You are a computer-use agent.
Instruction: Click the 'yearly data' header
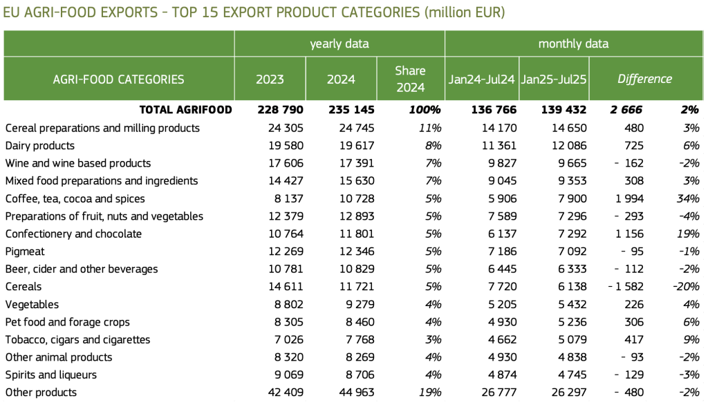339,44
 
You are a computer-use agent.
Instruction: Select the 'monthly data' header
573,44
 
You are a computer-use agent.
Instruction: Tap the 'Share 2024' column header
410,79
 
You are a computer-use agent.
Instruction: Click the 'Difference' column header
644,79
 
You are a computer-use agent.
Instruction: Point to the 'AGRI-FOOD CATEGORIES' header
118,79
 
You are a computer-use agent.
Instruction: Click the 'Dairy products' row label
39,146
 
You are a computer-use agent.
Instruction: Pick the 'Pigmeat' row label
24,252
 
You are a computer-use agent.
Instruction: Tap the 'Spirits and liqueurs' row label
50,375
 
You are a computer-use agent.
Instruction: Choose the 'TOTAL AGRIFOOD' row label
185,110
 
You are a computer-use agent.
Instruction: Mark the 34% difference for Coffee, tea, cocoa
688,198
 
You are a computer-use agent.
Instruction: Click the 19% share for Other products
429,392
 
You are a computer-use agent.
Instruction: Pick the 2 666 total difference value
626,110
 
